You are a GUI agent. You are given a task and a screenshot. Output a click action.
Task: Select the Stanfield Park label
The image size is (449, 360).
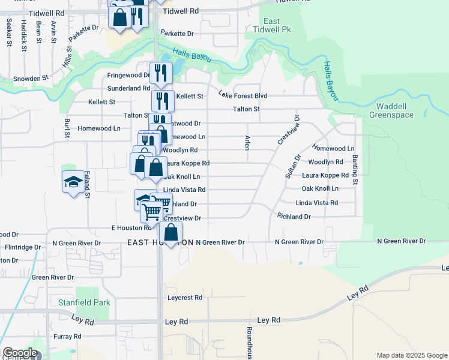click(84, 302)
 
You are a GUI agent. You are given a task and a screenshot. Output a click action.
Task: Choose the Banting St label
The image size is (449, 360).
click(355, 170)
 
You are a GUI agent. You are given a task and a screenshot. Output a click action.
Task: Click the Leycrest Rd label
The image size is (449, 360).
click(185, 297)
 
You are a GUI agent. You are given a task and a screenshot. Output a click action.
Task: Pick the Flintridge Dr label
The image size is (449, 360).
click(23, 246)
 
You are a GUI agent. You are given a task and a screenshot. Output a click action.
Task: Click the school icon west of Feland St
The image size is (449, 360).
click(73, 182)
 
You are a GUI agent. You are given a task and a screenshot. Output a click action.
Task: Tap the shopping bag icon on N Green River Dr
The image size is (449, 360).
click(170, 233)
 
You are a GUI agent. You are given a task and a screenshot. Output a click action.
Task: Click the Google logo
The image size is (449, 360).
click(20, 353)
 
